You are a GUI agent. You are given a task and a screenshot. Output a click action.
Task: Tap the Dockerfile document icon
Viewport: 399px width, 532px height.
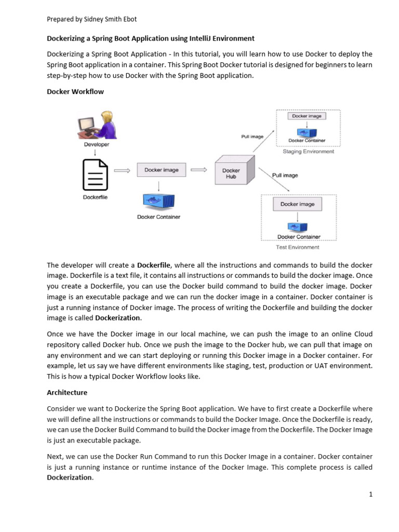(x=95, y=175)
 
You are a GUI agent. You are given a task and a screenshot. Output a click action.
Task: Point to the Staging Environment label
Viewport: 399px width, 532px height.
(x=308, y=152)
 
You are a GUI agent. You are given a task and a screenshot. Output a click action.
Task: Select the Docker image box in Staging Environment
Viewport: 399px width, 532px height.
(x=307, y=116)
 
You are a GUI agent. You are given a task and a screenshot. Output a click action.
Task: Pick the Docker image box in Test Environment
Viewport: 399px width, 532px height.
(x=297, y=204)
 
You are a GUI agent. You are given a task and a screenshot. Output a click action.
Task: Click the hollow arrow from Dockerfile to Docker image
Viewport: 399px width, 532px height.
(x=121, y=170)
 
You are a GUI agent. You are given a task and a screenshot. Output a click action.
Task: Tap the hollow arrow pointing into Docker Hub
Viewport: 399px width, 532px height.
(x=198, y=170)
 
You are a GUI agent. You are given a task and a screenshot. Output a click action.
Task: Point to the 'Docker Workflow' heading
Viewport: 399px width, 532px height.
(x=75, y=91)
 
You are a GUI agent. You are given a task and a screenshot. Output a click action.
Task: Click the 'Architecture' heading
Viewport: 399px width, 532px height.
(x=67, y=392)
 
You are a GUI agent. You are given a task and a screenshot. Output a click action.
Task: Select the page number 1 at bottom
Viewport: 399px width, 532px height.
(x=371, y=495)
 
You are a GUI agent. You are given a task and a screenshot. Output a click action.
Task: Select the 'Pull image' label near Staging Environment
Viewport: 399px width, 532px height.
(x=252, y=137)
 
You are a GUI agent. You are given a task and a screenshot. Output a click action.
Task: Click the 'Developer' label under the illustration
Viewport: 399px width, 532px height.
(x=97, y=144)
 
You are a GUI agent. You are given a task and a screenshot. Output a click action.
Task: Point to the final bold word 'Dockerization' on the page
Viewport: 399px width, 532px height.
(x=70, y=477)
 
